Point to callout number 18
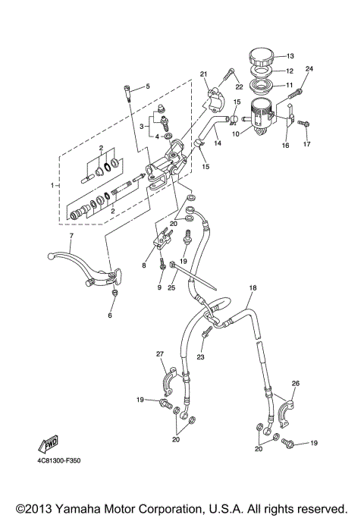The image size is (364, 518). pyautogui.click(x=253, y=289)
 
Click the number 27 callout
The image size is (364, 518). pyautogui.click(x=160, y=354)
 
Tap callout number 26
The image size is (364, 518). pyautogui.click(x=296, y=383)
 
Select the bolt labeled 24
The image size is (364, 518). pyautogui.click(x=298, y=92)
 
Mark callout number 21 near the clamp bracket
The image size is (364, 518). pyautogui.click(x=203, y=74)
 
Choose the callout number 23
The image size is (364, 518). pyautogui.click(x=201, y=357)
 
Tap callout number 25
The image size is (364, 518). pyautogui.click(x=172, y=289)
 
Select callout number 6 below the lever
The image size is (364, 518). pyautogui.click(x=111, y=316)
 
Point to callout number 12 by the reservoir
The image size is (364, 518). pyautogui.click(x=289, y=71)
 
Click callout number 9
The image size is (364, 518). pyautogui.click(x=160, y=289)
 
